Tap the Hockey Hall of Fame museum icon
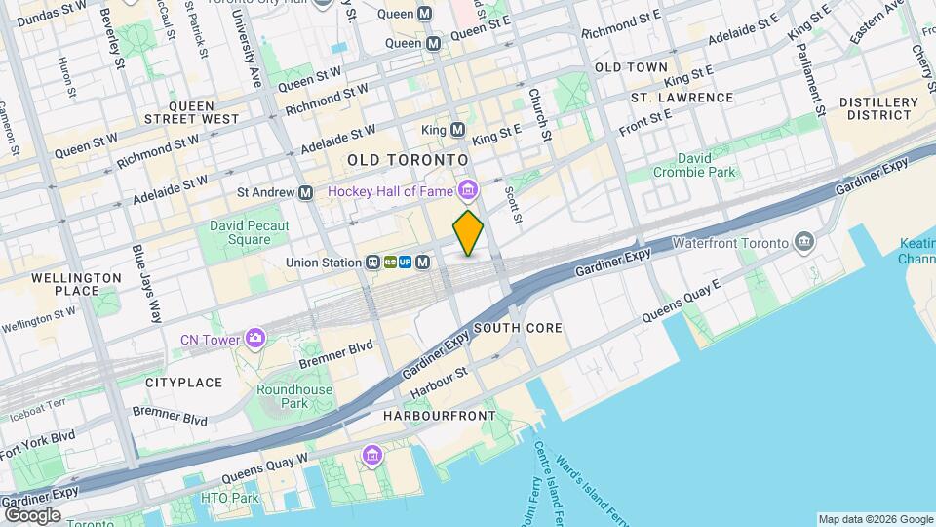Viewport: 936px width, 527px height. [469, 190]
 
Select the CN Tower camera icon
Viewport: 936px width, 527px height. [255, 339]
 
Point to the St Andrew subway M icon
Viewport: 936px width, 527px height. [306, 193]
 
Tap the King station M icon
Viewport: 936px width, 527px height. [457, 130]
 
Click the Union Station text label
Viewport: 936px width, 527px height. [324, 263]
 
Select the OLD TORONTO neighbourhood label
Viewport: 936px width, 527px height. [408, 159]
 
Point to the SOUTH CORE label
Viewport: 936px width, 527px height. [518, 328]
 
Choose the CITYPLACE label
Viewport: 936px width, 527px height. [184, 383]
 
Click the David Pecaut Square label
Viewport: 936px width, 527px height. [240, 232]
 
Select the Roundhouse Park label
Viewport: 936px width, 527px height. [294, 396]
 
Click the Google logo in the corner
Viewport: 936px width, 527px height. [32, 514]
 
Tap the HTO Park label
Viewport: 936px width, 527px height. [229, 498]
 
